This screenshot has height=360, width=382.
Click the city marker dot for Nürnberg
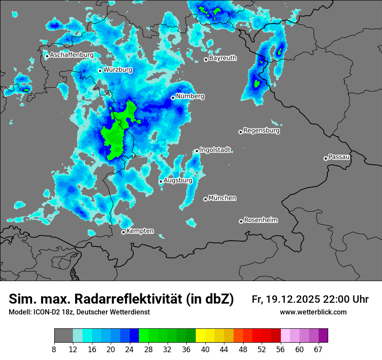coord(173,98)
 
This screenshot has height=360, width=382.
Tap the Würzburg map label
coord(118,70)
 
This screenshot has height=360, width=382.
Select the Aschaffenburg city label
coord(72,55)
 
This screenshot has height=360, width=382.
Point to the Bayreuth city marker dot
coord(206,59)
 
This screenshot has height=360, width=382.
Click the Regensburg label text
coord(261,130)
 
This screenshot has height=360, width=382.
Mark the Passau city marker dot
coord(326,158)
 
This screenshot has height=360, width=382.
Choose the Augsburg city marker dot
coord(161,181)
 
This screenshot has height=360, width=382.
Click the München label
coord(222,198)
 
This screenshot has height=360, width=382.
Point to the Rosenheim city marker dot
coord(241,222)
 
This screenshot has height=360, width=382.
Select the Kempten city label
coord(140,231)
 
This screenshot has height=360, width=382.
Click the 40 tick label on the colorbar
coord(206,349)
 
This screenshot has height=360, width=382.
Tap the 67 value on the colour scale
coord(318,349)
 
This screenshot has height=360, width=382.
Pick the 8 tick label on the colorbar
coord(54,349)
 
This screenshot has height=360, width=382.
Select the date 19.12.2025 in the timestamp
coord(292,299)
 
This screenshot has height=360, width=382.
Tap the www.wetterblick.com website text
coord(313,312)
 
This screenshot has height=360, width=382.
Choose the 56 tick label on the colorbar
coord(281,349)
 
